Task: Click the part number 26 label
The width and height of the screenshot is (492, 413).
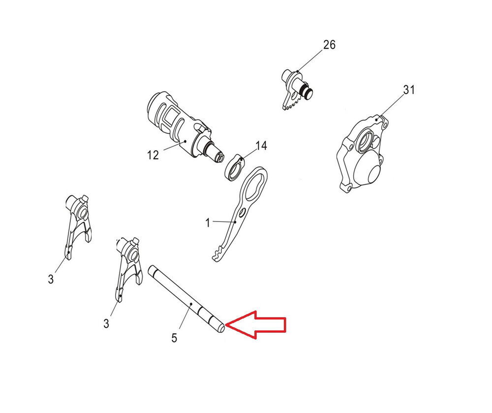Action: (x=329, y=45)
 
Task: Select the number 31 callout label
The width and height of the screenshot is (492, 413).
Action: (x=409, y=90)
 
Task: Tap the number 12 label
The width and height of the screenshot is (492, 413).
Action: (x=153, y=155)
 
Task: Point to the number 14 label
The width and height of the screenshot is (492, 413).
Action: (x=261, y=146)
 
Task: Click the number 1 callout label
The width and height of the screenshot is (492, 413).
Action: (x=208, y=223)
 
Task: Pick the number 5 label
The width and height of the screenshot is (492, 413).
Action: (x=174, y=338)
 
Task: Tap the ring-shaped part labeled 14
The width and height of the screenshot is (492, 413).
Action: (x=235, y=168)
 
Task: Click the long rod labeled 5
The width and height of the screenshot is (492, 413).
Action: (x=186, y=300)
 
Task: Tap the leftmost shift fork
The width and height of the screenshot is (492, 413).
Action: (x=78, y=224)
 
